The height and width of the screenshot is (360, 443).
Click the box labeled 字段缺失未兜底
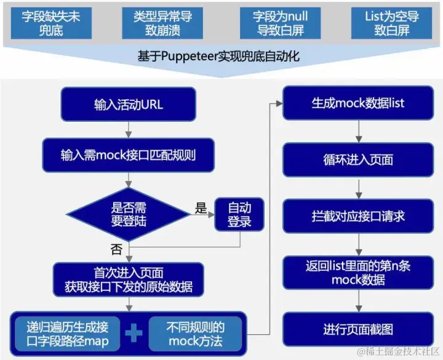click(51, 23)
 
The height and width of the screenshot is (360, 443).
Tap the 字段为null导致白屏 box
click(280, 23)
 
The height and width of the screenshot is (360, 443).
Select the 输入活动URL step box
click(128, 104)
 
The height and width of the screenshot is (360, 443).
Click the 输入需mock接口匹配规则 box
click(128, 154)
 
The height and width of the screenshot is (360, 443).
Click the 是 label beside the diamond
click(201, 208)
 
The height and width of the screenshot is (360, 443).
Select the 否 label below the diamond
click(116, 249)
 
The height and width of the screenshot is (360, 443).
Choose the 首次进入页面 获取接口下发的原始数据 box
click(128, 279)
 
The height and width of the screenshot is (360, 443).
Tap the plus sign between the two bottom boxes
click(134, 333)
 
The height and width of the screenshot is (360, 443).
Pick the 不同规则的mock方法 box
click(195, 333)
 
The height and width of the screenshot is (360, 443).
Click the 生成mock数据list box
click(357, 103)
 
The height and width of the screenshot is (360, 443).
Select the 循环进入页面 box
click(357, 160)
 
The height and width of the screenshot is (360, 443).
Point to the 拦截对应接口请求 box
click(357, 216)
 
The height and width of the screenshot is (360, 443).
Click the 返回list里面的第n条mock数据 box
click(357, 273)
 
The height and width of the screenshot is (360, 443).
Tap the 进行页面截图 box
click(357, 329)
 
